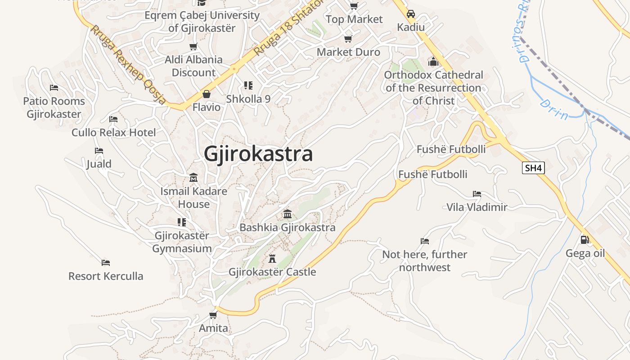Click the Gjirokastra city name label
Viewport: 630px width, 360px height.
coord(258,154)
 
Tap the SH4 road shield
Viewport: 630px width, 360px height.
coord(533,168)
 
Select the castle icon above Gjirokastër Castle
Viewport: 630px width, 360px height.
coord(272,258)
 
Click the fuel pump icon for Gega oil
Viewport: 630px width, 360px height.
coord(585,240)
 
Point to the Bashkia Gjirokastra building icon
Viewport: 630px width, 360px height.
coord(287,214)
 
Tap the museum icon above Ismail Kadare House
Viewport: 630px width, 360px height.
coord(193,177)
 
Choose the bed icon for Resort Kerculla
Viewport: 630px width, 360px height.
coord(106,262)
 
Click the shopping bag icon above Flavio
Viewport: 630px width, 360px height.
coord(206,94)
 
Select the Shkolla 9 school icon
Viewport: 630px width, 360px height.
coord(248,85)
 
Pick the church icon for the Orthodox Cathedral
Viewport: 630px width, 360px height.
coord(433,61)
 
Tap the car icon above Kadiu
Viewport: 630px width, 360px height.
coord(410,14)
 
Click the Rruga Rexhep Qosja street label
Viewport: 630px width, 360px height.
coord(128,65)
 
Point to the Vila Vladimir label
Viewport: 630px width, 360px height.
coord(477,207)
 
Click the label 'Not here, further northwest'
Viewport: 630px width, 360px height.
coord(424,261)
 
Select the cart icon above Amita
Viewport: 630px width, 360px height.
coord(213,315)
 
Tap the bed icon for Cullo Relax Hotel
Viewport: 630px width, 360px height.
coord(113,119)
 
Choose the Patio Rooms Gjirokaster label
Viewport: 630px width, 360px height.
coord(54,108)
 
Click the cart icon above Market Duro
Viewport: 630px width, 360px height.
coord(348,39)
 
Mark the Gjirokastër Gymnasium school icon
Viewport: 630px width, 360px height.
coord(182,222)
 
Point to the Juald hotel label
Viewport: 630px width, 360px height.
coord(99,164)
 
